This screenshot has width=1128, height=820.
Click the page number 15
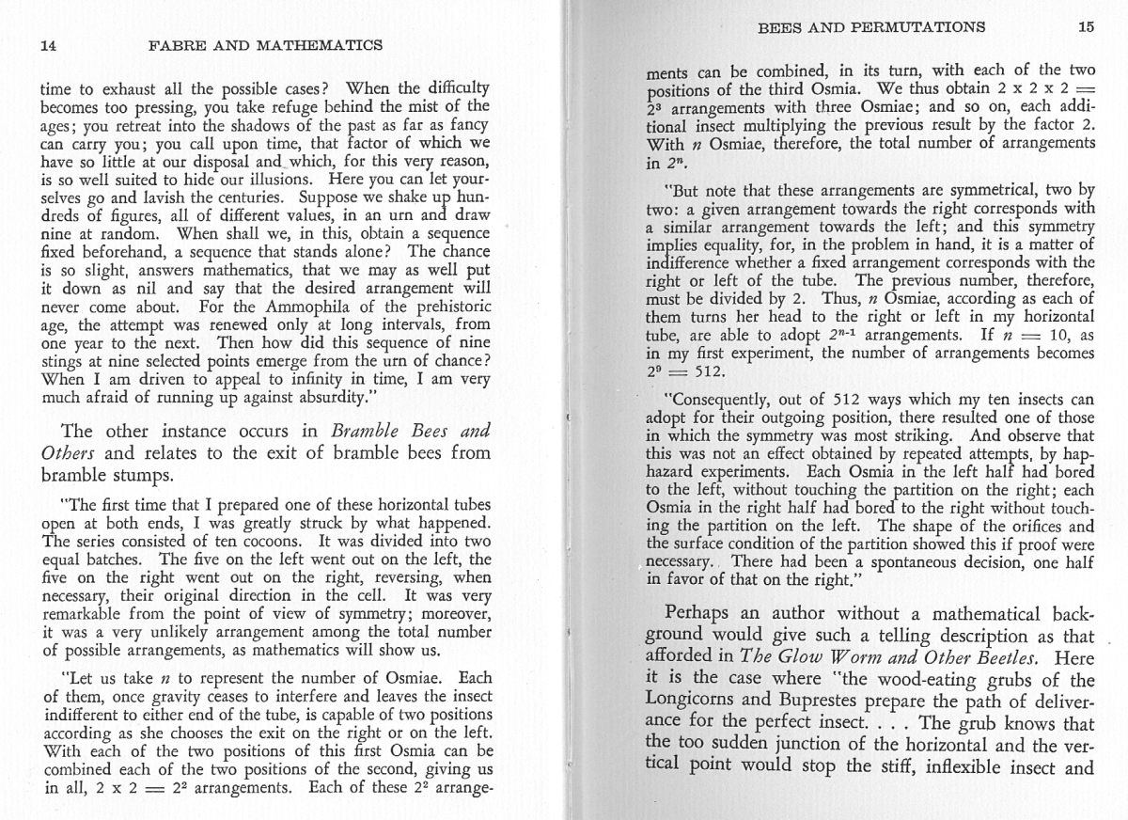(1086, 26)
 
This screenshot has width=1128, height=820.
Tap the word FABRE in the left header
(180, 45)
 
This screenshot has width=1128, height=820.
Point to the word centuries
(242, 198)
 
